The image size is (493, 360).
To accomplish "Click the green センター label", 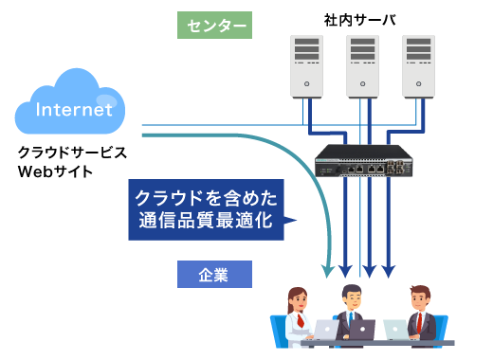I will pyautogui.click(x=214, y=25).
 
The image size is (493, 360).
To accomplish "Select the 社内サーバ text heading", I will pyautogui.click(x=360, y=20).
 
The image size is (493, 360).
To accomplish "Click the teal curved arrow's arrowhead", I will pyautogui.click(x=328, y=272).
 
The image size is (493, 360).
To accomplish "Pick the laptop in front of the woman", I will pyautogui.click(x=326, y=329).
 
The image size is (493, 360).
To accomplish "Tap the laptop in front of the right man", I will pyautogui.click(x=394, y=329).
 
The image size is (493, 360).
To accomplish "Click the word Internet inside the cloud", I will pyautogui.click(x=74, y=110).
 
